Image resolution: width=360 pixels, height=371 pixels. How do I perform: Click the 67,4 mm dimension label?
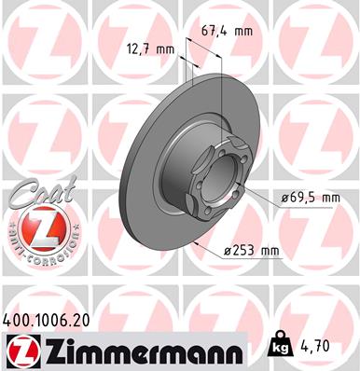(228, 31)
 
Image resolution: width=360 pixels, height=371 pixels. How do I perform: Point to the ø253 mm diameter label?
(253, 249)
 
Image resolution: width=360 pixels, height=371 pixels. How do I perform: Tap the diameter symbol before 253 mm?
(228, 249)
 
